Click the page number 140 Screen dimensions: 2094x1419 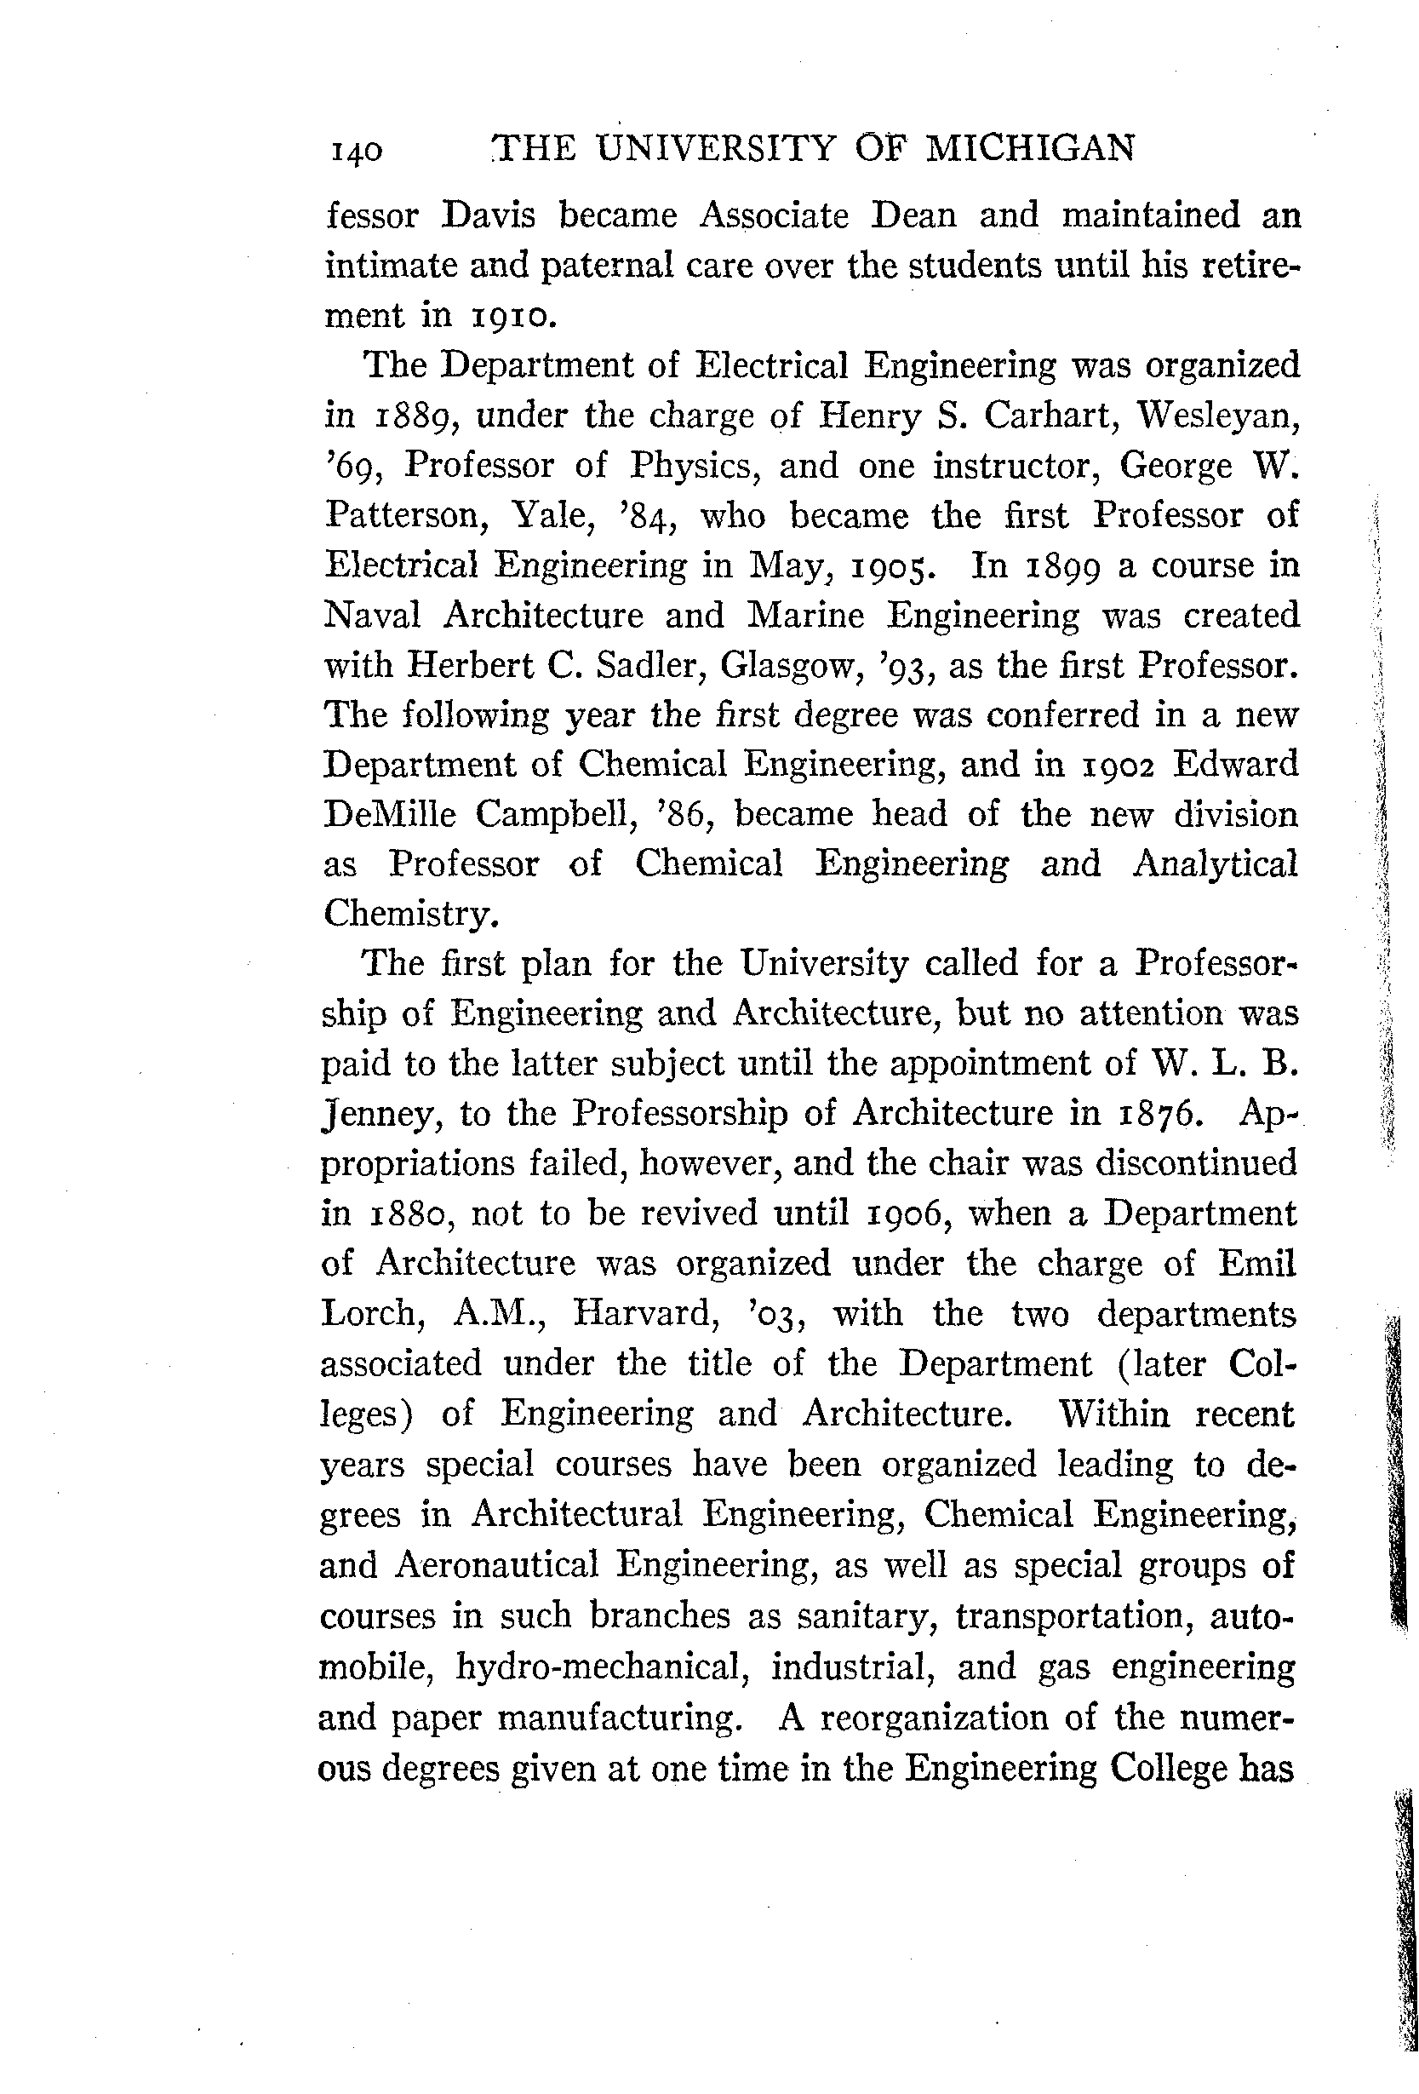[x=357, y=152]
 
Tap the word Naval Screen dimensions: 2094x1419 [x=372, y=616]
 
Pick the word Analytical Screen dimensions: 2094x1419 [x=1215, y=864]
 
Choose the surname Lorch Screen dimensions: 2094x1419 [x=372, y=1314]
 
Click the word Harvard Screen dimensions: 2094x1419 [x=646, y=1314]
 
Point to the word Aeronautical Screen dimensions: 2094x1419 [x=496, y=1564]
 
